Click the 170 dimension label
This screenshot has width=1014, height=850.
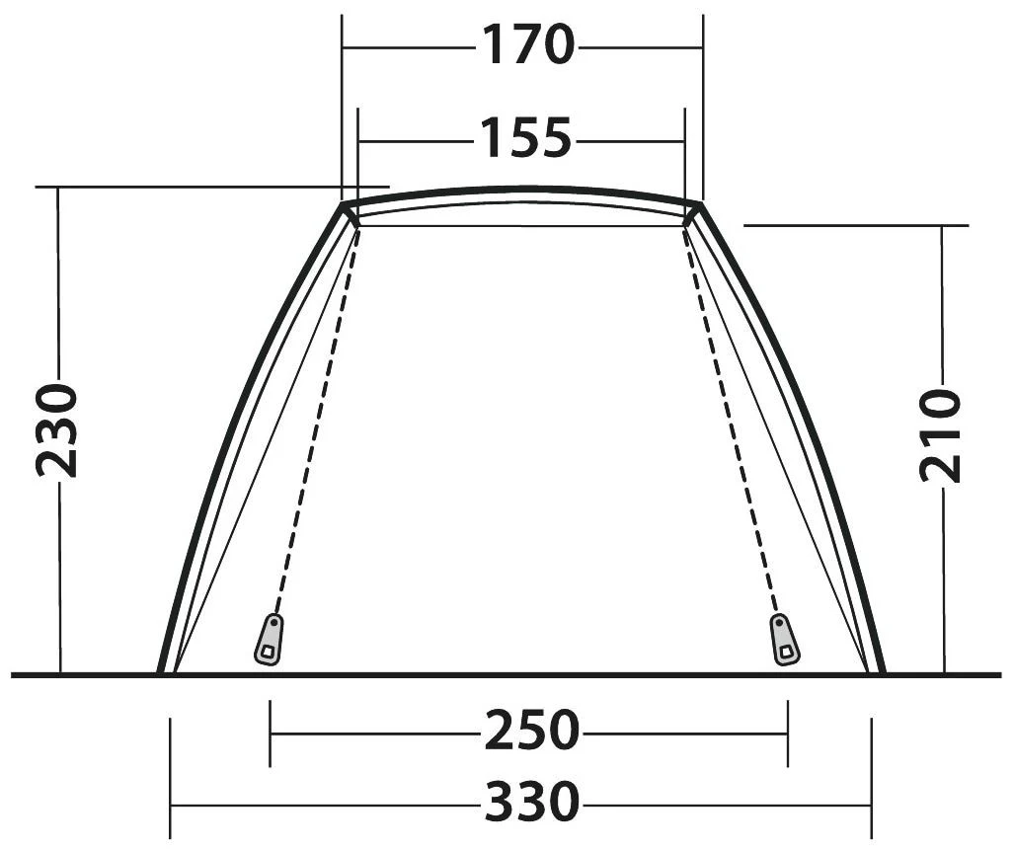click(x=527, y=44)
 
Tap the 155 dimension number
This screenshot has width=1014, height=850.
click(x=525, y=137)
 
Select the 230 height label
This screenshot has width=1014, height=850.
click(x=57, y=430)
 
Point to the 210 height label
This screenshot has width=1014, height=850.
click(x=940, y=434)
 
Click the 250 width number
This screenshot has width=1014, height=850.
click(x=531, y=731)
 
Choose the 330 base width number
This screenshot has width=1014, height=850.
click(x=531, y=802)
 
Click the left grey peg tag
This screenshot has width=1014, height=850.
click(x=269, y=640)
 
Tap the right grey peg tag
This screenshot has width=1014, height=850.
click(x=784, y=640)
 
